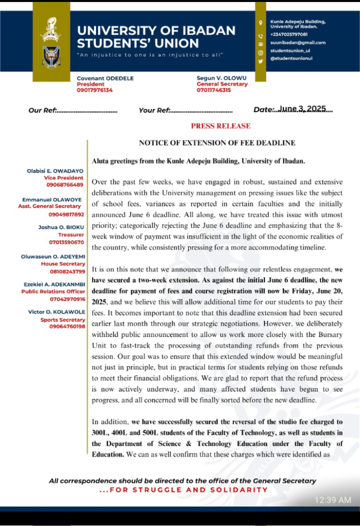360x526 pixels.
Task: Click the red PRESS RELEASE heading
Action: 221,126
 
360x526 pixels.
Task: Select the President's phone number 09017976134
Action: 94,90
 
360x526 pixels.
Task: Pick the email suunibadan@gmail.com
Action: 298,43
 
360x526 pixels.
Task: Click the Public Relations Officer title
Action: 53,291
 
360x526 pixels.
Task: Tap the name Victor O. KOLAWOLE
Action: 57,312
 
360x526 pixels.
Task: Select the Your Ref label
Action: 154,110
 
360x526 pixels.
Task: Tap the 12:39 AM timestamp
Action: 333,500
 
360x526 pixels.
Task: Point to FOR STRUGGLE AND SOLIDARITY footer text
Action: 183,490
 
